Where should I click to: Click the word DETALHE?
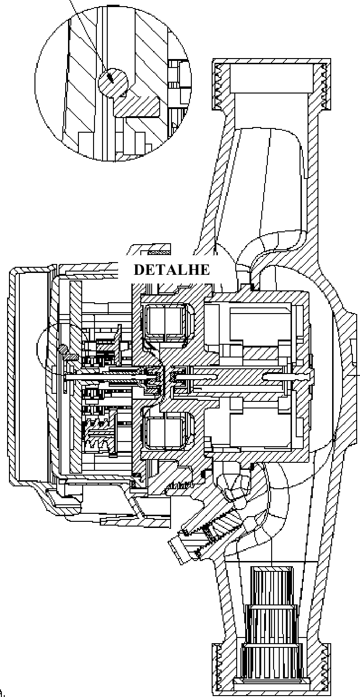[171, 270]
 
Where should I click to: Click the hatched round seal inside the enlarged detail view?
[113, 83]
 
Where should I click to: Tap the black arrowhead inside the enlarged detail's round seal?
[110, 77]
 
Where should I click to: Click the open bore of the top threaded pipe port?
[271, 78]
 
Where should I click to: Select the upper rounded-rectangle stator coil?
[165, 322]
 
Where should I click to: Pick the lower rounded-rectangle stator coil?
[165, 431]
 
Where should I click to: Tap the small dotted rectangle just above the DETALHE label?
[160, 252]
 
